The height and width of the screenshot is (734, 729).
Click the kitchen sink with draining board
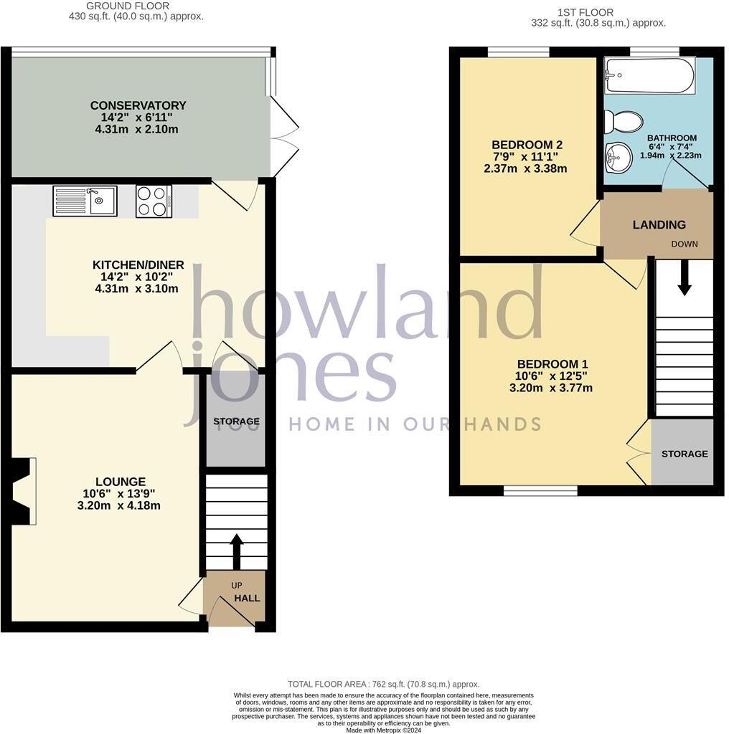(x=85, y=201)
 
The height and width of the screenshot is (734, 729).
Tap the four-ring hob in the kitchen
(x=154, y=201)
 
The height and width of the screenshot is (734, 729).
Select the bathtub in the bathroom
(x=649, y=75)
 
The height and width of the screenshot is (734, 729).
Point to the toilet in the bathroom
(x=616, y=122)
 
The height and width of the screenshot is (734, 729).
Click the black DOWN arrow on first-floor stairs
(x=685, y=277)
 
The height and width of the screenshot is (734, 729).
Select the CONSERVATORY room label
(x=138, y=105)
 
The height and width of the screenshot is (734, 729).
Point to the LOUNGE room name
(x=121, y=482)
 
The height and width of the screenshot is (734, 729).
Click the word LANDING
(x=659, y=225)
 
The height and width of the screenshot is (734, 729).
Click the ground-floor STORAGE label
(x=236, y=421)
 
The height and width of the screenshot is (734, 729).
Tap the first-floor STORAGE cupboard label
(x=684, y=454)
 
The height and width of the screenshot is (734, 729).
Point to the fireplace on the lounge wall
(x=20, y=492)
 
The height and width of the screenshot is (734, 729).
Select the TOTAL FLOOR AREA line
(x=382, y=685)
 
